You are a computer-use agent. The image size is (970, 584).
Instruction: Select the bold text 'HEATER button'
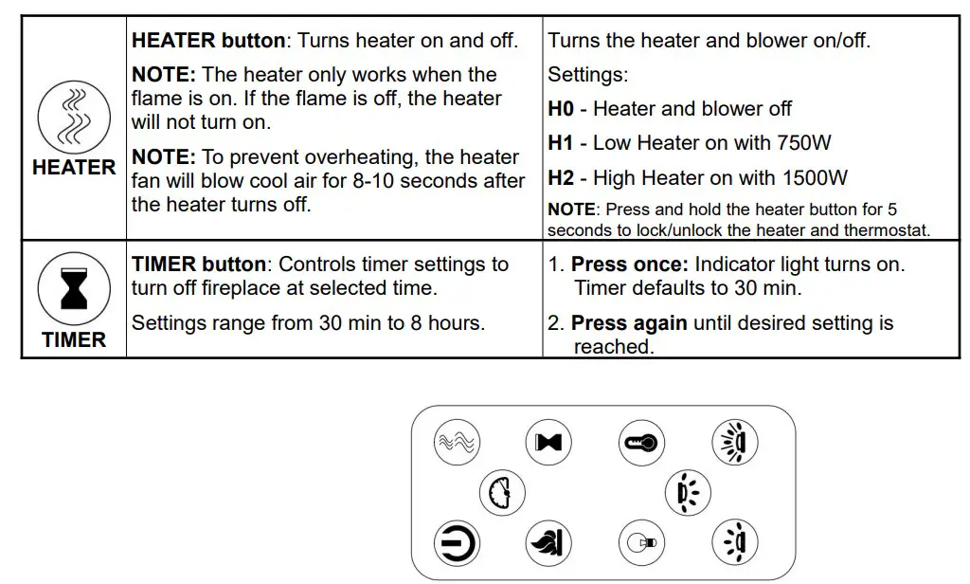tap(208, 41)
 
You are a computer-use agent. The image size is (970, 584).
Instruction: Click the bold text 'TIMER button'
tap(202, 265)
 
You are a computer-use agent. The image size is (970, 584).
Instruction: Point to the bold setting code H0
tap(561, 109)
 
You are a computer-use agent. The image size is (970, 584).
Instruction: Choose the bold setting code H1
tap(561, 143)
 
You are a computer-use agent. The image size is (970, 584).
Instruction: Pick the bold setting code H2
tap(561, 177)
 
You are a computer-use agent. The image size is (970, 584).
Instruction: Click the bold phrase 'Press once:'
tap(629, 265)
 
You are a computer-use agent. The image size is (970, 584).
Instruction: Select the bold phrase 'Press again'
tap(629, 323)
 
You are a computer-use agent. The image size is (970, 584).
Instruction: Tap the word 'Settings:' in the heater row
tap(587, 75)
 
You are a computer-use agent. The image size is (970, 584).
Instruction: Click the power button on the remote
tap(457, 543)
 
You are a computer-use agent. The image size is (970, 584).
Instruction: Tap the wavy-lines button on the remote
tap(457, 442)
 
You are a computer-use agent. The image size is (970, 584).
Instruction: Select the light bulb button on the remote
tap(641, 543)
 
